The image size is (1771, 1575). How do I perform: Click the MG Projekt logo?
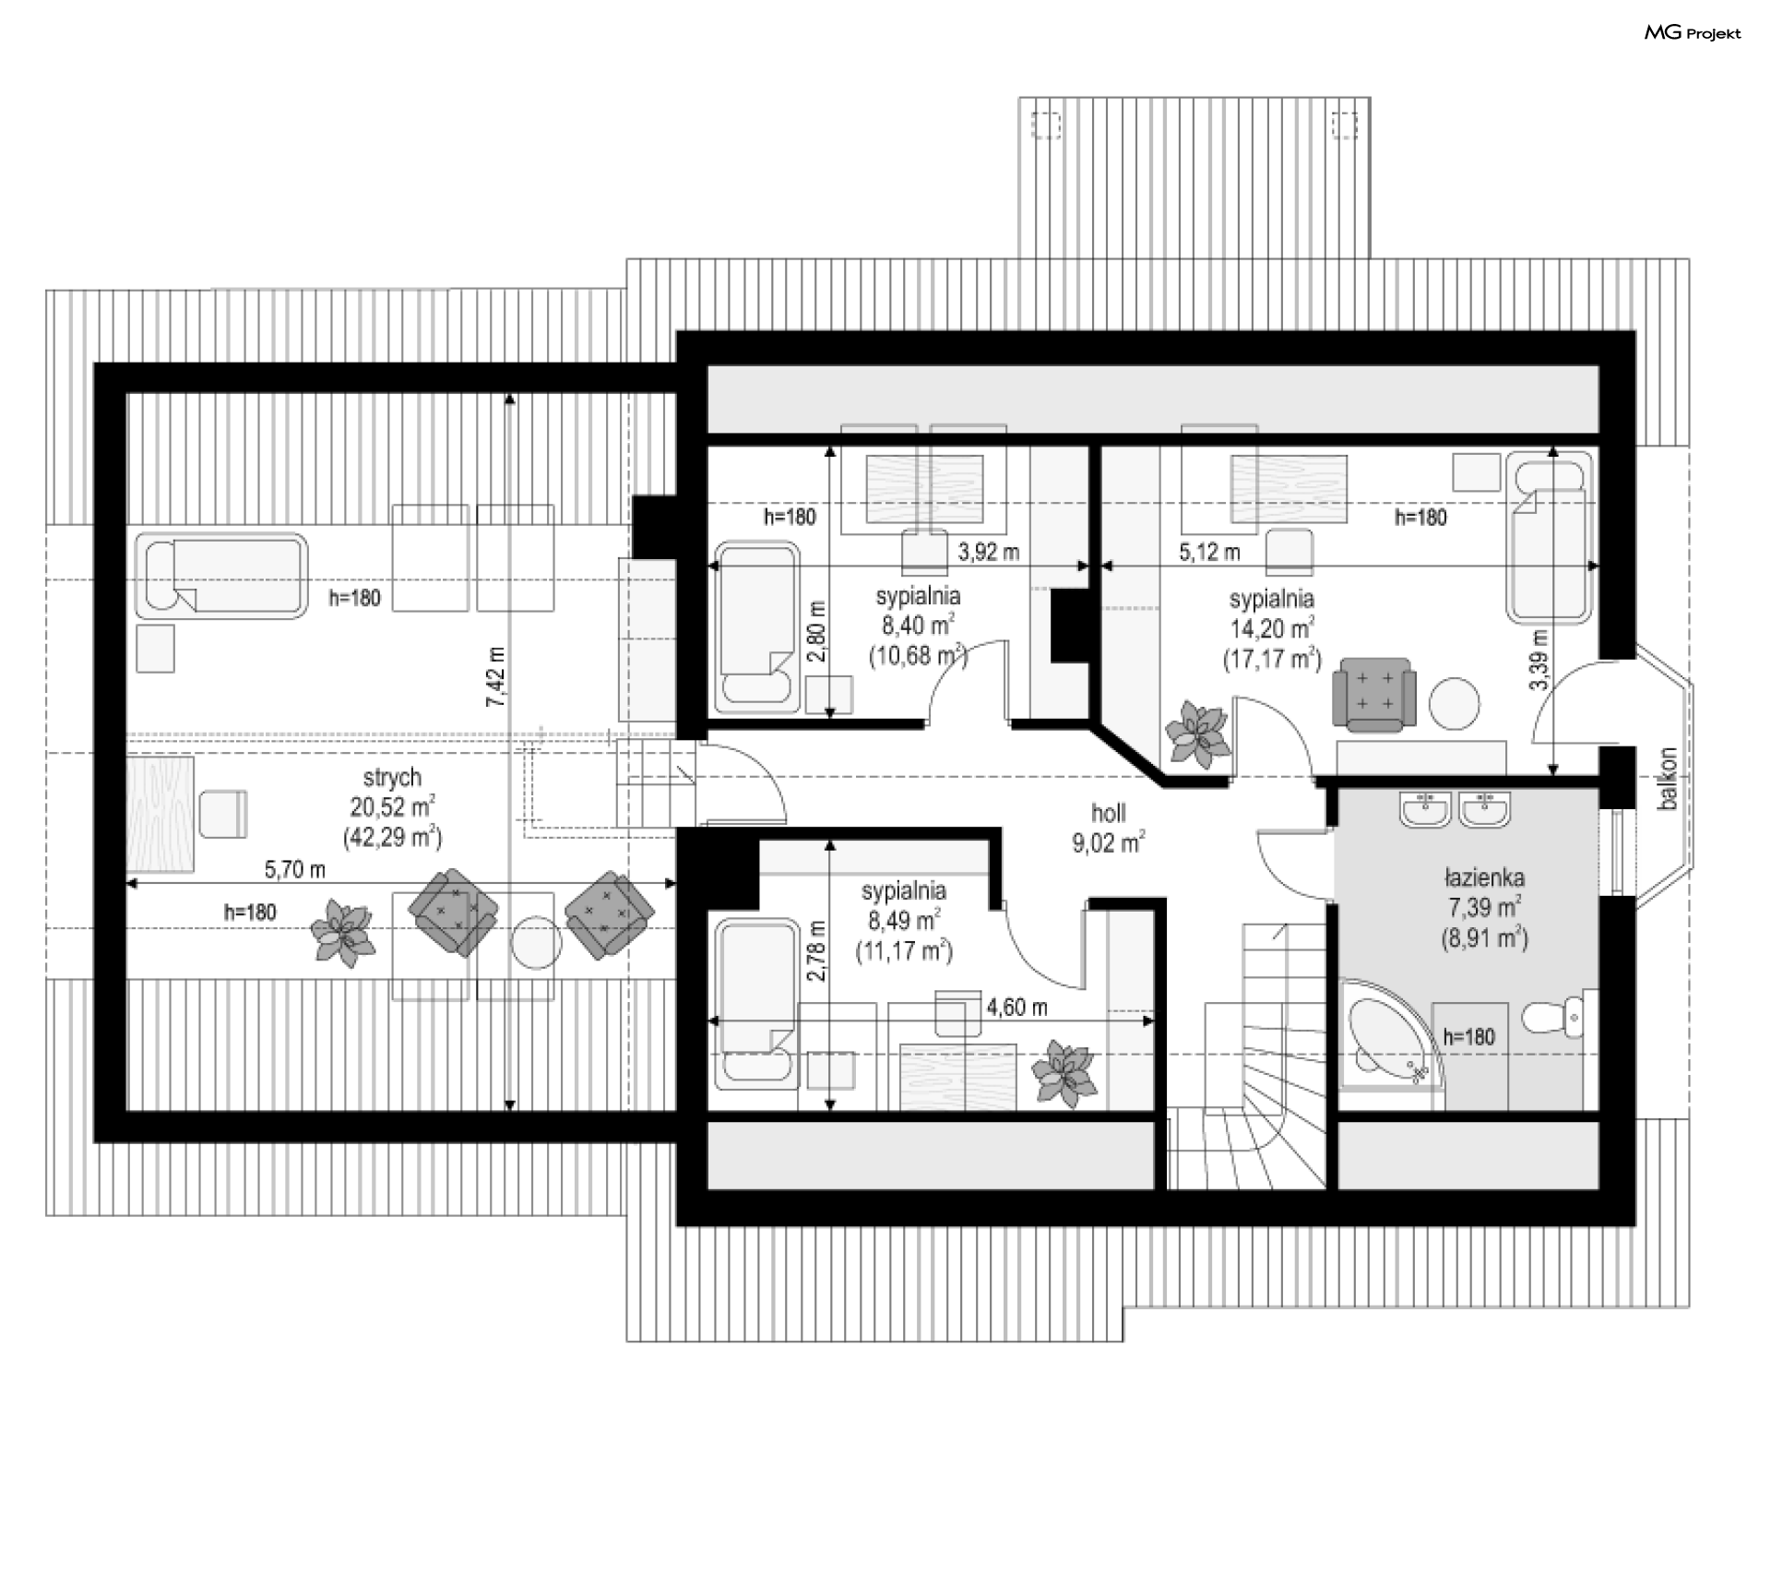tap(1693, 33)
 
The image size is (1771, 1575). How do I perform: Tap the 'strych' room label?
tap(392, 778)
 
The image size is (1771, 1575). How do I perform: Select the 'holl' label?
tap(1109, 813)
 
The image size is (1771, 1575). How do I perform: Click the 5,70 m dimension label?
tap(295, 869)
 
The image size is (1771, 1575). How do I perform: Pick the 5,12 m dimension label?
tap(1209, 552)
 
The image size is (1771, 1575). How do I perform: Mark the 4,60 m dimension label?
tap(1016, 1007)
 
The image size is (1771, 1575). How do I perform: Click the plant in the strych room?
tap(342, 933)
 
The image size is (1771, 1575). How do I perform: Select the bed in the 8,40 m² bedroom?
tap(757, 627)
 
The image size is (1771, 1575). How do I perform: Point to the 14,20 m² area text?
tap(1272, 629)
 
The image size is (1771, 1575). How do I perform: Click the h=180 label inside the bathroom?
tap(1468, 1036)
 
